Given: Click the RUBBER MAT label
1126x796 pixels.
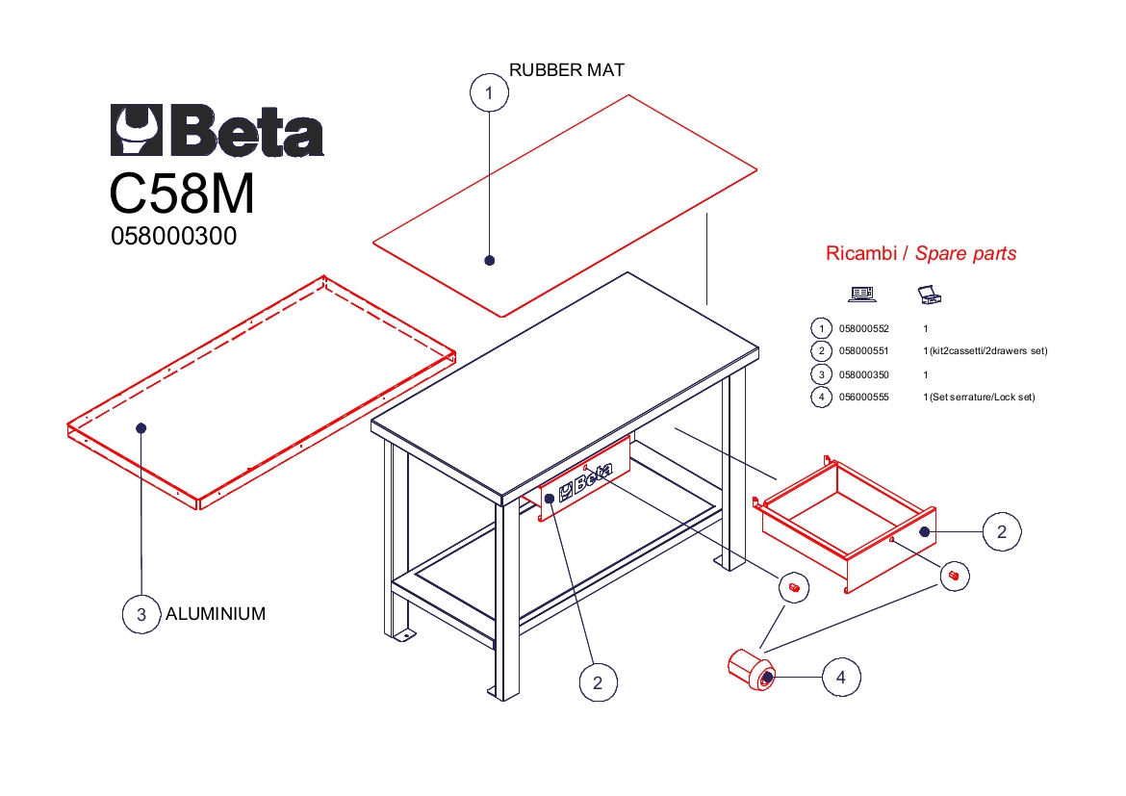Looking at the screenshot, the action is (567, 69).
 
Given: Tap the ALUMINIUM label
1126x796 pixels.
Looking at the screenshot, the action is (216, 613).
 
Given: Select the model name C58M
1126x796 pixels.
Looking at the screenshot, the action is (183, 193).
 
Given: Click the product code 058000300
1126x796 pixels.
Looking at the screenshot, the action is (174, 236).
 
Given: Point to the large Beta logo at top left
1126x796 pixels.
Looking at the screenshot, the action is (217, 130).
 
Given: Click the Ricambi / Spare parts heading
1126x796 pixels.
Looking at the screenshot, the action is (921, 253).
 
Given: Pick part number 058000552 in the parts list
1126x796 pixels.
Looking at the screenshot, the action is (864, 328).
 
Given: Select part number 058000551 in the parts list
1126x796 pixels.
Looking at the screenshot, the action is (864, 350).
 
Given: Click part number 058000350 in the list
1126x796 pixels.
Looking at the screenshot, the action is (864, 374).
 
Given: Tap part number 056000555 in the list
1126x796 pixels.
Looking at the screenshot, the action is (864, 397).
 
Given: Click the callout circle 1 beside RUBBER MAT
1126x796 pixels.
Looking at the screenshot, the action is (489, 92).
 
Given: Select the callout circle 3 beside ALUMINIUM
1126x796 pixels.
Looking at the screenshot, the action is (141, 614).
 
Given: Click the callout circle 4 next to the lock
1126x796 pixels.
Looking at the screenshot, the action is (841, 677).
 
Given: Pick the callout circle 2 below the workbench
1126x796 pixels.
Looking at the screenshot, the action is (599, 682).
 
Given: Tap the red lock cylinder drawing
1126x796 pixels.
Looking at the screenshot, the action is (752, 670).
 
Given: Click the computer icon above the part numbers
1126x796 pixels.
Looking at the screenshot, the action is (861, 294).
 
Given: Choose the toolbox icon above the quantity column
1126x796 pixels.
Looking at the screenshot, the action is (930, 295).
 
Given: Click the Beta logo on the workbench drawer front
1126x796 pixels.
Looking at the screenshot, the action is (585, 480).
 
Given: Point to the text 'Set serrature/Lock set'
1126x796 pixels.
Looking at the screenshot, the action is (983, 397).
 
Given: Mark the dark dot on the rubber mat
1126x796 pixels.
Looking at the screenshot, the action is (490, 260).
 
